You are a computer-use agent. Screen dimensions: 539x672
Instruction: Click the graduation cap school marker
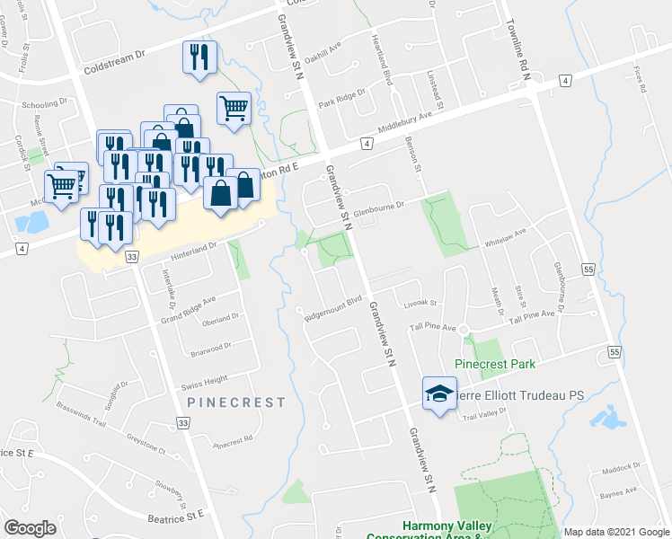(x=439, y=393)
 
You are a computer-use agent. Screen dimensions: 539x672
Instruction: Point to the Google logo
(x=31, y=528)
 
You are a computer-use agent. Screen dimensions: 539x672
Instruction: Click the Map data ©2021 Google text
(x=616, y=533)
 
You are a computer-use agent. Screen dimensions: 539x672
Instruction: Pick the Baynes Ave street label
(x=619, y=491)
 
